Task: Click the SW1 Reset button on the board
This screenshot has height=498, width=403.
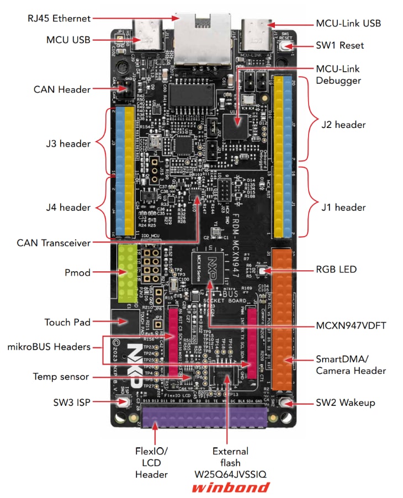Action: pyautogui.click(x=285, y=46)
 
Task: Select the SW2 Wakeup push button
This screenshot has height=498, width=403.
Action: pyautogui.click(x=285, y=403)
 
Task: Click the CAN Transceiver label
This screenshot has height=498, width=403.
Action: pyautogui.click(x=54, y=242)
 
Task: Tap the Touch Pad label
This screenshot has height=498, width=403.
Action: pyautogui.click(x=67, y=322)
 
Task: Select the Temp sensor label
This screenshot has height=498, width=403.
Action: pyautogui.click(x=61, y=377)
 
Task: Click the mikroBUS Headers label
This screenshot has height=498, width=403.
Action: pyautogui.click(x=49, y=347)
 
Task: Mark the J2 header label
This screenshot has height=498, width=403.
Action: pyautogui.click(x=343, y=125)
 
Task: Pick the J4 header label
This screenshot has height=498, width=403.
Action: pyautogui.click(x=68, y=207)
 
